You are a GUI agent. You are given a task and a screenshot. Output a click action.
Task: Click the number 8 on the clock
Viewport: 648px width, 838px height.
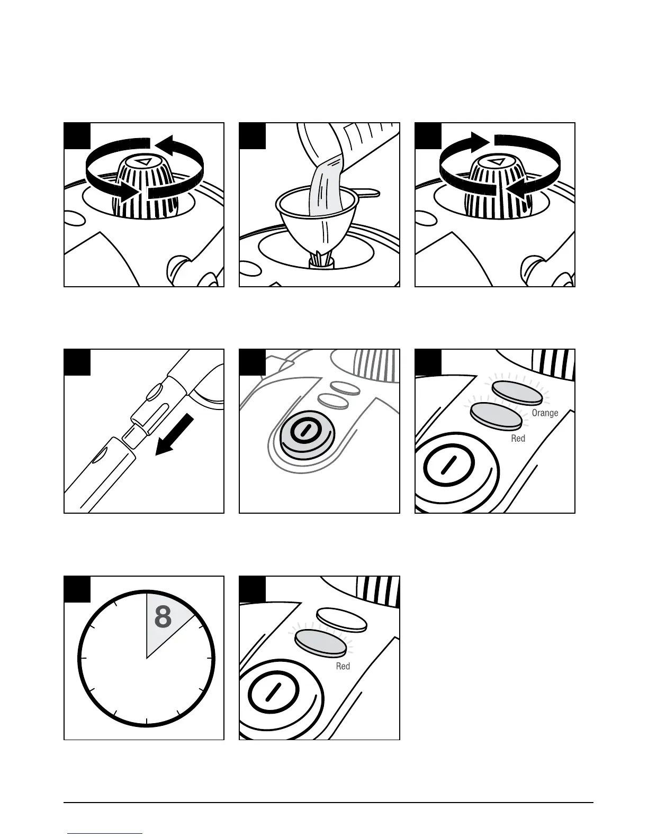tap(163, 617)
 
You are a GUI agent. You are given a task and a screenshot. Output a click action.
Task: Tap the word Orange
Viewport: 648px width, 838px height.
tap(545, 413)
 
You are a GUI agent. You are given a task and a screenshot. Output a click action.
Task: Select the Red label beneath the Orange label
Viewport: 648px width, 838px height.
tap(518, 439)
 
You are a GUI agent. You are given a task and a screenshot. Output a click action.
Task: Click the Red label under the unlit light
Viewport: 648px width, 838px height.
tap(343, 666)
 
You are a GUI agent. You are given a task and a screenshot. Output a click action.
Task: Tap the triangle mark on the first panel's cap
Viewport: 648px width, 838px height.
tap(143, 162)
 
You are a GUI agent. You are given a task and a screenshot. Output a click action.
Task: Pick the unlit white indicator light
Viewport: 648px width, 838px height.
tap(341, 620)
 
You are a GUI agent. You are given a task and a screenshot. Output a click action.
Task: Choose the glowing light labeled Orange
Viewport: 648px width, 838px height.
tap(517, 393)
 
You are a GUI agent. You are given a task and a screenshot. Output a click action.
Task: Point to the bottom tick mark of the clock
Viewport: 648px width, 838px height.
tap(147, 723)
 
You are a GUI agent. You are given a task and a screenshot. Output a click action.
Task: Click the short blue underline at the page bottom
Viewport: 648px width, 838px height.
tap(105, 833)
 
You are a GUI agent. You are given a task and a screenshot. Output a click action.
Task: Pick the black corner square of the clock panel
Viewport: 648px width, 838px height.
tap(77, 588)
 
